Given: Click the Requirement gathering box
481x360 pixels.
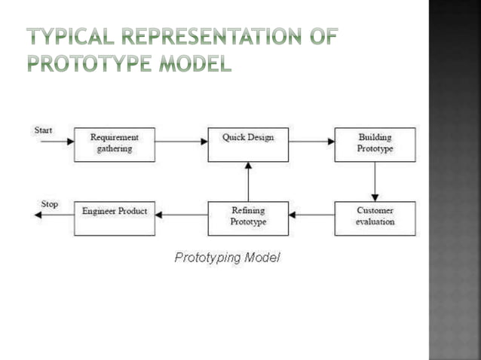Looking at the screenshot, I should [115, 144].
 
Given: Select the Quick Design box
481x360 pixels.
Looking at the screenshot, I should [248, 144].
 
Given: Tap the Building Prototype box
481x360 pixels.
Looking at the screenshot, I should [375, 144].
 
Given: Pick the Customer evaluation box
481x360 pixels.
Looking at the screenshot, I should [375, 218].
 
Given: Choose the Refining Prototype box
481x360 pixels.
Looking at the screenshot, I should [248, 218].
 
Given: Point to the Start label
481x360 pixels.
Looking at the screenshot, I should [44, 130].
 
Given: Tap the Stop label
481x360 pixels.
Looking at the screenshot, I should [49, 204].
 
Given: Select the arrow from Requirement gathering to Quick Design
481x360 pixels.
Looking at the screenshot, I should [182, 141].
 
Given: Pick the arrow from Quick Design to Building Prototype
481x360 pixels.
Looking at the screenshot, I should [311, 141].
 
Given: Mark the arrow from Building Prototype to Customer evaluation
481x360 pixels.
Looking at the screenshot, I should [375, 181].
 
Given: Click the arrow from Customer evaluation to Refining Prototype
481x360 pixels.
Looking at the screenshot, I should [311, 215].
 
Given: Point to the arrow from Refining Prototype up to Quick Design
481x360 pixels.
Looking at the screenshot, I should [248, 181].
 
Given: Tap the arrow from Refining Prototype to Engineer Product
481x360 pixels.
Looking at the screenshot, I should [182, 215].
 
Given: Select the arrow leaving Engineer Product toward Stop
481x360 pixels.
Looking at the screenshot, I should [54, 215].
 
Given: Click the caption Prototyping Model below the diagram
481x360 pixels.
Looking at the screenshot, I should [227, 258].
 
